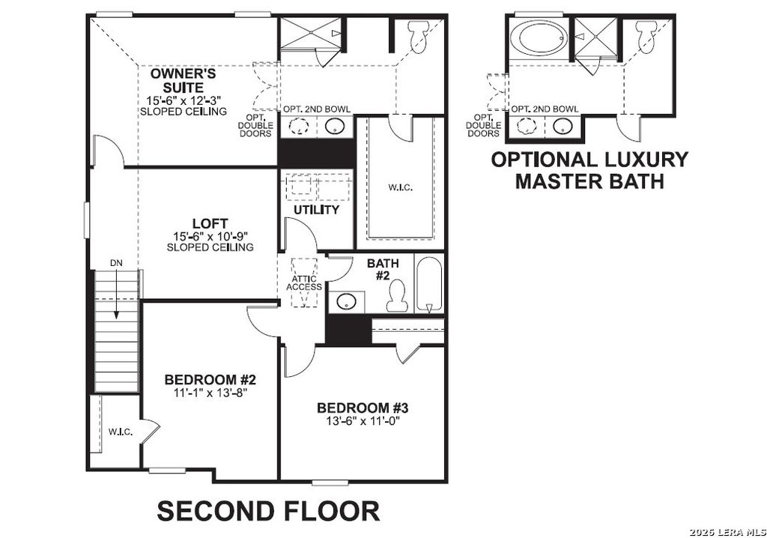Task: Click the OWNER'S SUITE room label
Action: click(184, 81)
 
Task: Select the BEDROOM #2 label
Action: click(206, 379)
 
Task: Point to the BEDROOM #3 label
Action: click(362, 408)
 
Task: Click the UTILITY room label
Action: click(316, 210)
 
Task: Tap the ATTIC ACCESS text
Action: click(304, 282)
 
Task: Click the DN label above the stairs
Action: click(116, 262)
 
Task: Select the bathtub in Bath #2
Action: click(429, 285)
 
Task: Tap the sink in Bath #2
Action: click(346, 301)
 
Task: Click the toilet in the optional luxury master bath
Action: click(645, 34)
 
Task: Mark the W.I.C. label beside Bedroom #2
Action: click(120, 432)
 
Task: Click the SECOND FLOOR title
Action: click(268, 511)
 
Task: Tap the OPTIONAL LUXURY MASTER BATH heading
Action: click(589, 170)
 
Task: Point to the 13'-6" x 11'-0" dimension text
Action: click(362, 421)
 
